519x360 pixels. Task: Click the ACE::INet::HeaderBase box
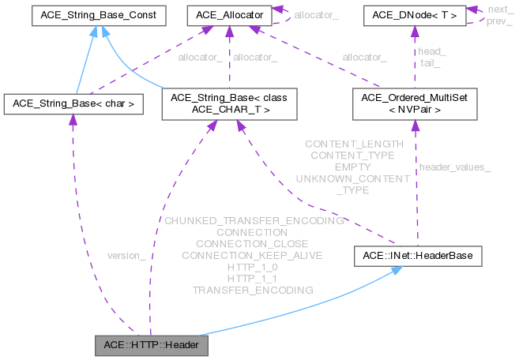(x=416, y=256)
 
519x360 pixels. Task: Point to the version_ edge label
(x=126, y=256)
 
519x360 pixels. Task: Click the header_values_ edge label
(x=454, y=167)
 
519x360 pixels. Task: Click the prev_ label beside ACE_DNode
(x=498, y=21)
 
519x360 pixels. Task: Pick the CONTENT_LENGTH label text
(x=354, y=144)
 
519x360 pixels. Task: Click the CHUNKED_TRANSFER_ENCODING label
(x=253, y=221)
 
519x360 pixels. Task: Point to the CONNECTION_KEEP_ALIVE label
(x=253, y=256)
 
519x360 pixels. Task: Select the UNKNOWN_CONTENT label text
(x=352, y=179)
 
